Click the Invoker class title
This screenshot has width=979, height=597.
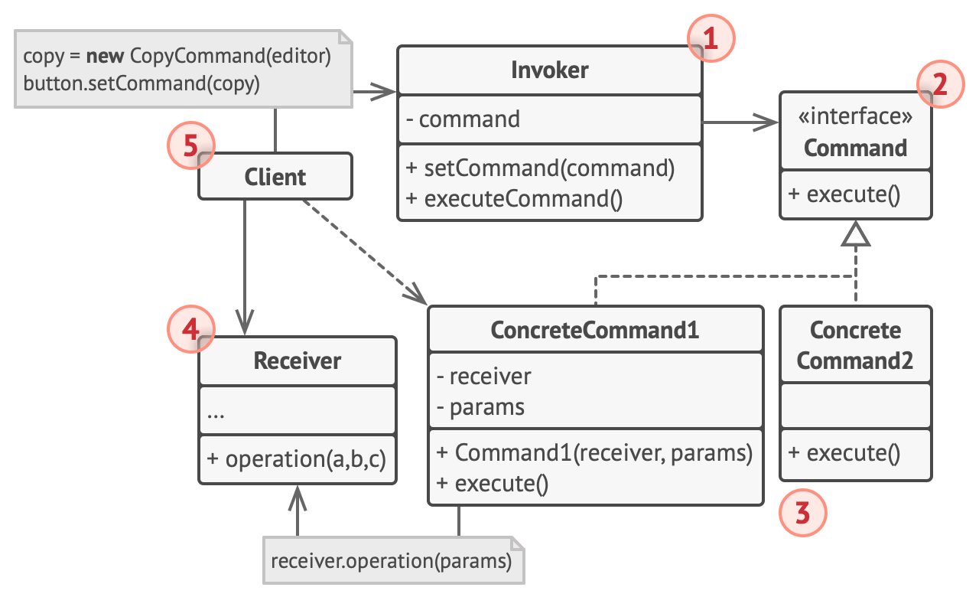pos(549,70)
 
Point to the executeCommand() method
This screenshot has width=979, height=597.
pos(515,199)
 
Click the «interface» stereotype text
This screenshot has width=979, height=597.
pos(855,117)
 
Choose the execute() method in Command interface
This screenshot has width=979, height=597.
pos(844,194)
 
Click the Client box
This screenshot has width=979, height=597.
pos(275,177)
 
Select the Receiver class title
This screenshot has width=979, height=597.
pos(298,360)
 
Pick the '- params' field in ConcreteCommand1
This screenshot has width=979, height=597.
pos(480,407)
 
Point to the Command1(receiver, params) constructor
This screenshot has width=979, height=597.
pos(594,452)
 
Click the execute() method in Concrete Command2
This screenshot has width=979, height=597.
pos(844,453)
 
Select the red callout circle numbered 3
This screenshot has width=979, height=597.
pos(802,513)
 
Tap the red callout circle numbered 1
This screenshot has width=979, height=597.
pos(711,38)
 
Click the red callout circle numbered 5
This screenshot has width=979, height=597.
pos(191,145)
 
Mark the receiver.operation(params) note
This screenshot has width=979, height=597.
pos(392,561)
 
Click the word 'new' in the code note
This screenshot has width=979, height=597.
pos(106,57)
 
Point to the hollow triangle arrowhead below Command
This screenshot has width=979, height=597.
pos(856,233)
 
